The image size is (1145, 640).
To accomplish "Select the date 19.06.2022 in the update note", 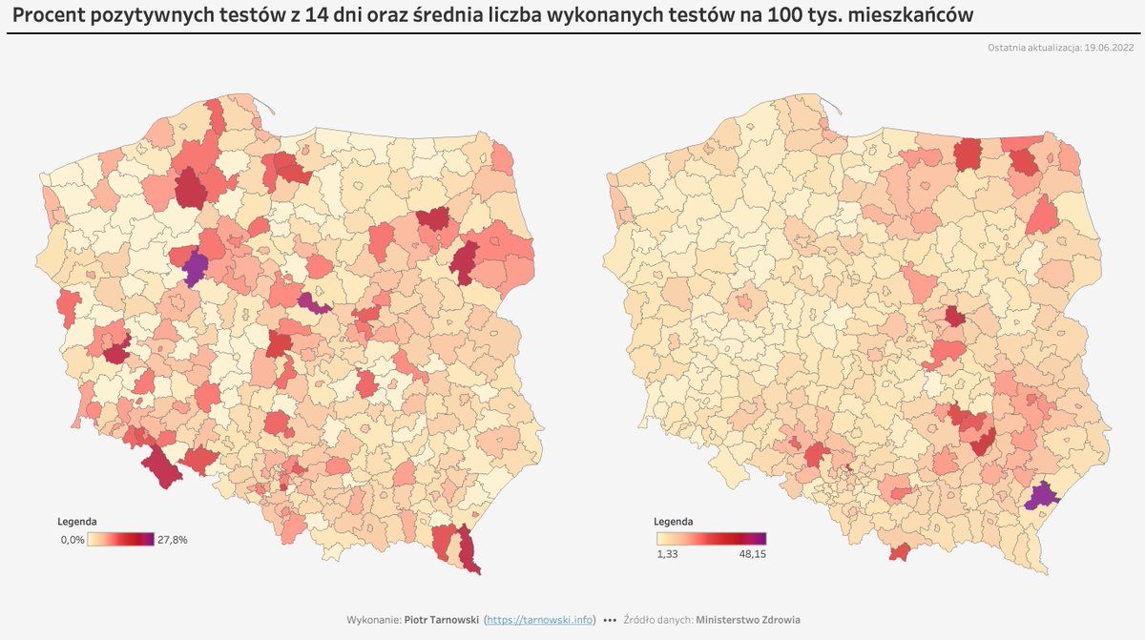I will (1109, 48).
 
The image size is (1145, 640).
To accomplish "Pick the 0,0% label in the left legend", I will (73, 540).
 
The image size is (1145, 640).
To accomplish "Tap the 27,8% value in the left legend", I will (173, 540).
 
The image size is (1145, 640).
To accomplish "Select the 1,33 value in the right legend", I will (667, 554).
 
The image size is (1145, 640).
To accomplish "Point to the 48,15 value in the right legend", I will (753, 554).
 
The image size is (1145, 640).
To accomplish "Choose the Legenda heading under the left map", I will (76, 522).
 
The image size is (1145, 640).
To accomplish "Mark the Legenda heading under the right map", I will (673, 522).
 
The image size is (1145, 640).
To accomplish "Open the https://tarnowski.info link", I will (539, 620).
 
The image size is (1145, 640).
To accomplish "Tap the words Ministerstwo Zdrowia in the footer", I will (748, 620).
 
